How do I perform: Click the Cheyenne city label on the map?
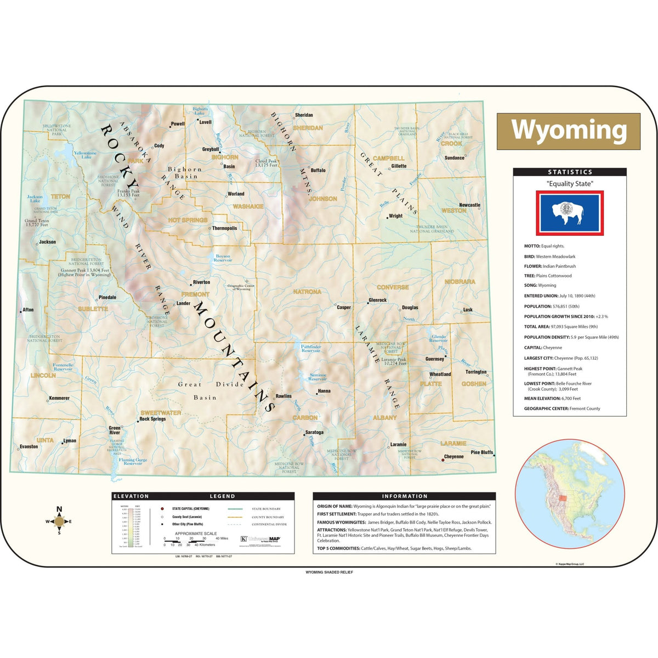coord(453,457)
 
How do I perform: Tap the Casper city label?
coord(344,308)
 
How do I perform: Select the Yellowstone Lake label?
coord(85,155)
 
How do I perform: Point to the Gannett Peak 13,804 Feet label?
coord(85,272)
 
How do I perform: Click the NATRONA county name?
coord(307,292)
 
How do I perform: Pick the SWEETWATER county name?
coord(161,412)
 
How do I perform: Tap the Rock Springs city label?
coord(152,419)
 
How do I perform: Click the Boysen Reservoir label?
coord(223,258)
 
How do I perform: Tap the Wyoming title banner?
coord(569,131)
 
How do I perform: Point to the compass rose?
coord(59,521)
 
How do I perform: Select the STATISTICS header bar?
coord(570,172)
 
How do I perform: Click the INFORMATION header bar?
coord(404,496)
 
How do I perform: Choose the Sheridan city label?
coord(304,115)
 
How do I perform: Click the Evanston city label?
coord(29,446)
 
